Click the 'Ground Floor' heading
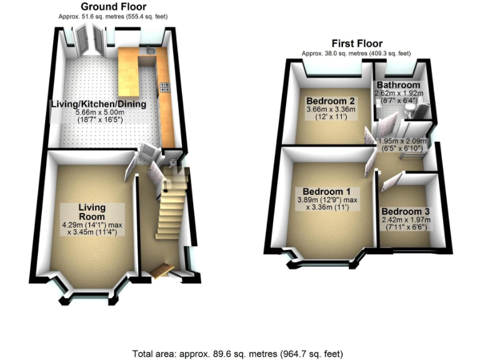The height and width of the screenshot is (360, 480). [x=114, y=7]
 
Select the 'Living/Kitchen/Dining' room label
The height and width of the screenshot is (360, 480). [x=98, y=105]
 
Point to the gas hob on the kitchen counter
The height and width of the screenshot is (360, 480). [x=166, y=87]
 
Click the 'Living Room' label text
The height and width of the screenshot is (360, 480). [x=91, y=212]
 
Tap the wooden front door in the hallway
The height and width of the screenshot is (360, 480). [x=161, y=269]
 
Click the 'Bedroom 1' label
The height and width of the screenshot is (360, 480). [x=326, y=191]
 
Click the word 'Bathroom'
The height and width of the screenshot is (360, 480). [x=397, y=85]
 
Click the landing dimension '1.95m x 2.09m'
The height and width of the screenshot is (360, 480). [x=402, y=142]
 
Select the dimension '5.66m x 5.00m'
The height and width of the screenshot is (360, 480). [x=101, y=113]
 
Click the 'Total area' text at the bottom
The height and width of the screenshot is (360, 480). [x=240, y=353]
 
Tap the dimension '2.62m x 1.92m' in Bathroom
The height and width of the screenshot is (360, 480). [x=398, y=93]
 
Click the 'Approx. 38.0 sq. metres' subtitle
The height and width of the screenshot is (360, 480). [x=356, y=54]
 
